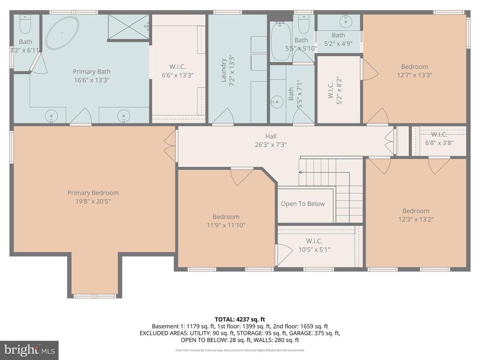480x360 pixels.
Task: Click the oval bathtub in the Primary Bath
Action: pos(62,33)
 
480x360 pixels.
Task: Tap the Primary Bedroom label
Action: pos(93,193)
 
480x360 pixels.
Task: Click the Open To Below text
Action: pos(302,203)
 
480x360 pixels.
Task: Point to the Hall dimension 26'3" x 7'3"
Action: pos(270,145)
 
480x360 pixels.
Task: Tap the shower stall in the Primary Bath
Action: pos(128,27)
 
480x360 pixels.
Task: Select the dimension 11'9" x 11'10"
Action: pos(226,225)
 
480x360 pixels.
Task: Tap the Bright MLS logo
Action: pos(29,350)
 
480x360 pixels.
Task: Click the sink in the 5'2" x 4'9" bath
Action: pos(347,21)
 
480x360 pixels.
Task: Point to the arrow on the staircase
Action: pos(300,172)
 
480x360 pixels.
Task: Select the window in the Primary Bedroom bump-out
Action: pos(95,296)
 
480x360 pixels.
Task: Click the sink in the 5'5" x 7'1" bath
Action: pos(277,101)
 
